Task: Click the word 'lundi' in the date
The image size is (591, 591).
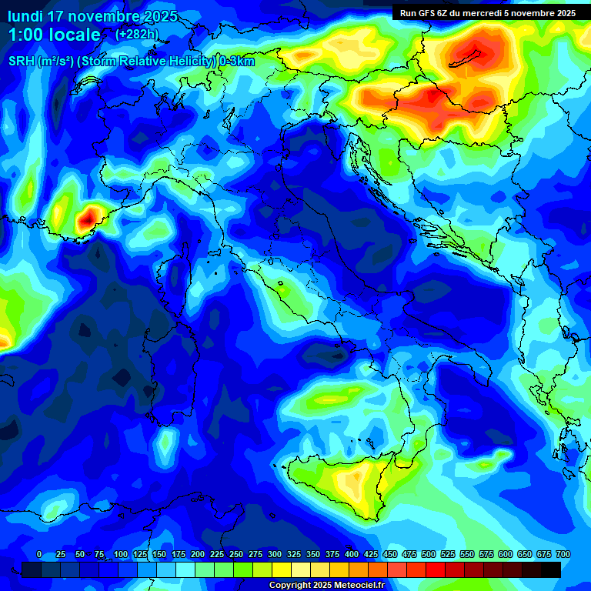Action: pyautogui.click(x=24, y=16)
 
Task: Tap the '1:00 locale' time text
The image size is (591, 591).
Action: pyautogui.click(x=54, y=35)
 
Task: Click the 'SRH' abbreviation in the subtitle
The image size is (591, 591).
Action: pyautogui.click(x=22, y=62)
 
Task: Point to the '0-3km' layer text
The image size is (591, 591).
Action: pyautogui.click(x=236, y=62)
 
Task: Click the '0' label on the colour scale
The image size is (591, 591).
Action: pyautogui.click(x=39, y=554)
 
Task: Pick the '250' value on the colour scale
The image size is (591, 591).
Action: pyautogui.click(x=236, y=554)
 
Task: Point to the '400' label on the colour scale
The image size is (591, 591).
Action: pyautogui.click(x=352, y=554)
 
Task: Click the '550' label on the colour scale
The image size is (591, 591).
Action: pyautogui.click(x=467, y=554)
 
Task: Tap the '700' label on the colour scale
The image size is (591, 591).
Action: pyautogui.click(x=563, y=554)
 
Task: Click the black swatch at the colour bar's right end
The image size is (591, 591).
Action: pyautogui.click(x=551, y=569)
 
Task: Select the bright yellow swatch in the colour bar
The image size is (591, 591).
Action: pyautogui.click(x=282, y=569)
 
